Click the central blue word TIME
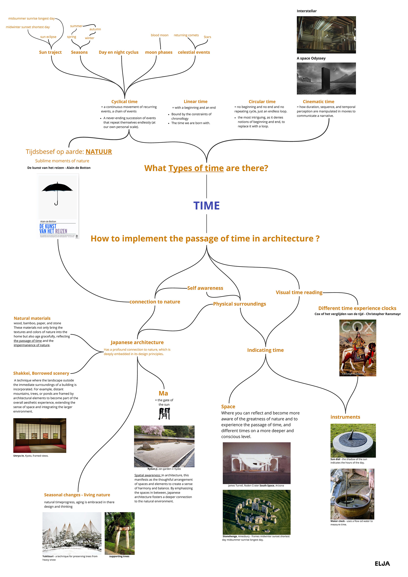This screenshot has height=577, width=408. pos(206,206)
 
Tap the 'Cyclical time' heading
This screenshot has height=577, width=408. pos(124,102)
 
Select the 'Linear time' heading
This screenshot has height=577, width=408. pos(195,102)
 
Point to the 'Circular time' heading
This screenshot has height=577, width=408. pos(262,102)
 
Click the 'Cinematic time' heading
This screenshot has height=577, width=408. pos(318,102)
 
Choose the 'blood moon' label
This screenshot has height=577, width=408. pos(160,35)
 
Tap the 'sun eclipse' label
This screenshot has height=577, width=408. pos(48,37)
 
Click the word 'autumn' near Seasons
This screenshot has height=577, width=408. pos(95,29)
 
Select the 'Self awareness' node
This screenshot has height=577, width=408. pos(205,288)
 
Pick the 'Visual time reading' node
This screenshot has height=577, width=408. pos(299,292)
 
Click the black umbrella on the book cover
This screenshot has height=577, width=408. pos(57,188)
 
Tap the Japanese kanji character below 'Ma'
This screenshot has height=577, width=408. pos(164,413)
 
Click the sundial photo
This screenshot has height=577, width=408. pos(353,441)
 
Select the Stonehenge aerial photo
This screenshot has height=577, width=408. pos(256,512)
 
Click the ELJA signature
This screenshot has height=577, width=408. pos(382,564)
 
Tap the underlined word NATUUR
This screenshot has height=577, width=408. pos(99,152)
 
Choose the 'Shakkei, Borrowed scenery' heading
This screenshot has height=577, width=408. pos(41,373)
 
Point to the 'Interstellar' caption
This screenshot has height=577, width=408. pos(306,11)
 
